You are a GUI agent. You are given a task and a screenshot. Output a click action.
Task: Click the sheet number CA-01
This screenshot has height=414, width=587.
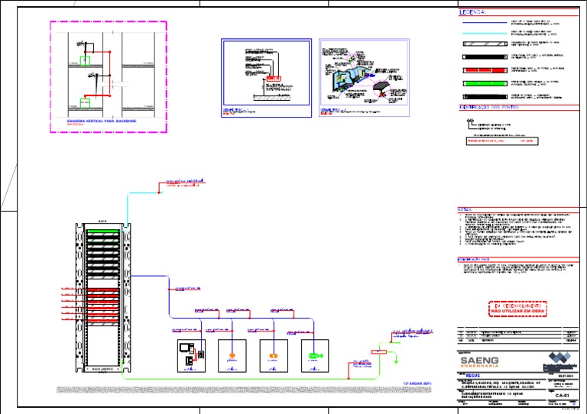tap(563, 396)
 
